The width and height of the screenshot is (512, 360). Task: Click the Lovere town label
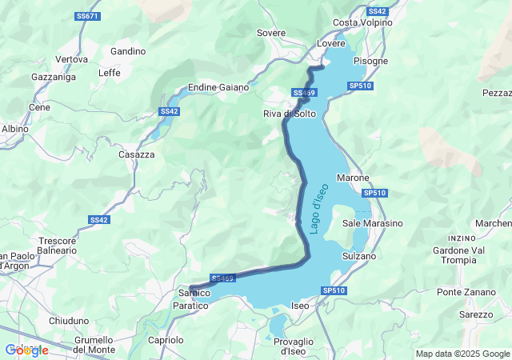pyautogui.click(x=331, y=43)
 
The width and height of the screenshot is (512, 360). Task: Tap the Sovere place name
pyautogui.click(x=270, y=33)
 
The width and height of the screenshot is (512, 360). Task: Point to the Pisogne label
pyautogui.click(x=370, y=61)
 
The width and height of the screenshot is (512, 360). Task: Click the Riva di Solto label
pyautogui.click(x=290, y=114)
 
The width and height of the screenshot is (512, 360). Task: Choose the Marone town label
pyautogui.click(x=353, y=178)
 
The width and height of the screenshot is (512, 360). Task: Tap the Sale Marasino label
pyautogui.click(x=372, y=223)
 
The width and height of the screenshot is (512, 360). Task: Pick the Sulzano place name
pyautogui.click(x=358, y=256)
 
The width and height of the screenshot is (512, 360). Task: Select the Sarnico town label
pyautogui.click(x=193, y=294)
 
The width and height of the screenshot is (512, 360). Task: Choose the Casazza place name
pyautogui.click(x=135, y=154)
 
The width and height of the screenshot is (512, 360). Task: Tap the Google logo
pyautogui.click(x=26, y=350)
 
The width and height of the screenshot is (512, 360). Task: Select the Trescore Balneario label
pyautogui.click(x=57, y=245)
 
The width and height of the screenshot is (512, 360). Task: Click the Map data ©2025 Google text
pyautogui.click(x=462, y=354)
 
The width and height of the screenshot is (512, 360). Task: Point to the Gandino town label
pyautogui.click(x=128, y=51)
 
